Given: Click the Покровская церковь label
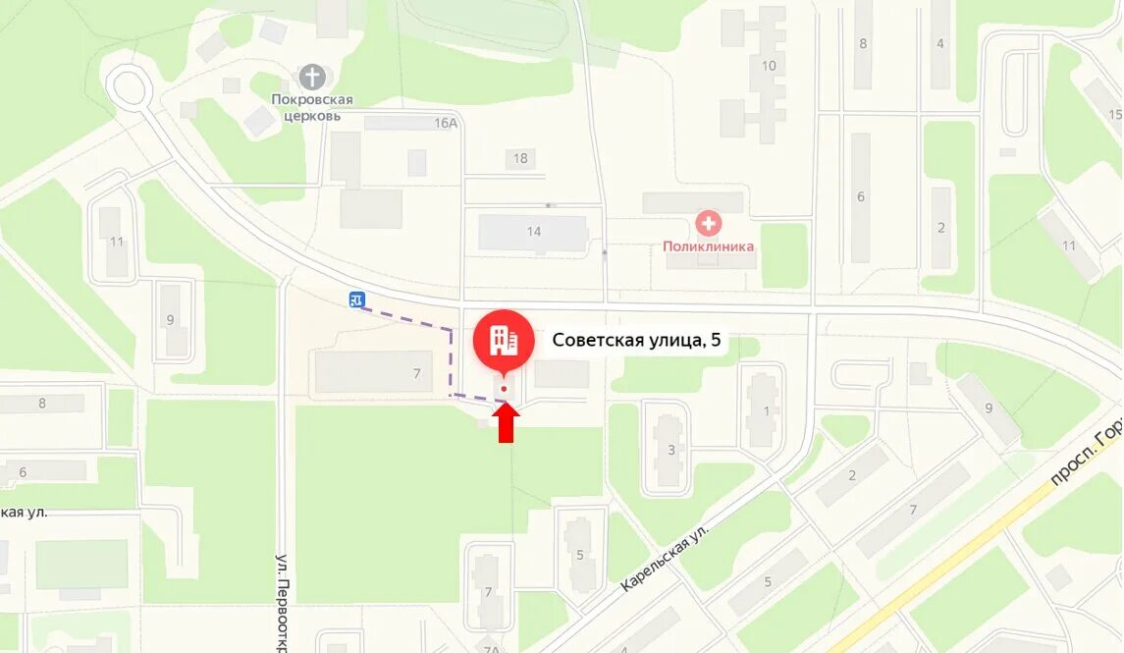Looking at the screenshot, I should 312,107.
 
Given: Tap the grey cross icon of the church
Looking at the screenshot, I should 312,77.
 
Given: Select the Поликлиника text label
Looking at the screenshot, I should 708,247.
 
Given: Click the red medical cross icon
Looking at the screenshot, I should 708,224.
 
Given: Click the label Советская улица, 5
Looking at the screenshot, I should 636,341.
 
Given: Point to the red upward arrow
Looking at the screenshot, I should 506,423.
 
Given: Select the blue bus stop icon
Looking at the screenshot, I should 356,299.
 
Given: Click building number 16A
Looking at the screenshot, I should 447,123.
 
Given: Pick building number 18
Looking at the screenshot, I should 520,158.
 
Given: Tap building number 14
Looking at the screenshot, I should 534,232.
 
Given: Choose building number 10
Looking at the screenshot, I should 769,66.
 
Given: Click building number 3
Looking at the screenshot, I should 671,450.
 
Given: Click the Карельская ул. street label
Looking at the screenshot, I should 664,555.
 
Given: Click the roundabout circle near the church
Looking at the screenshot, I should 129,85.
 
